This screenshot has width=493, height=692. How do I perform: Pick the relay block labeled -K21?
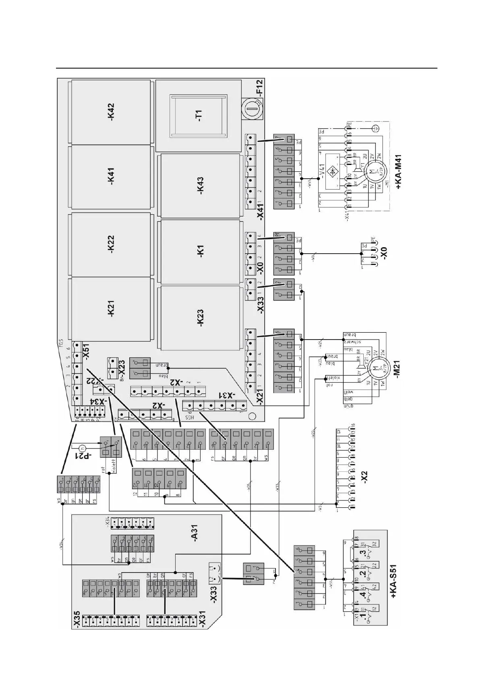point(111,309)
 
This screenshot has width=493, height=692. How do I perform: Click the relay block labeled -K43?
point(200,186)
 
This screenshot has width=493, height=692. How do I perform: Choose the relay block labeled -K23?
point(200,317)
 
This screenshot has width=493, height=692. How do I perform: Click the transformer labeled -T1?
point(198,115)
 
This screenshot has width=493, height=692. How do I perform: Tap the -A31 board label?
point(195,537)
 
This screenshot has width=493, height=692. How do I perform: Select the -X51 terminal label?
point(86,350)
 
